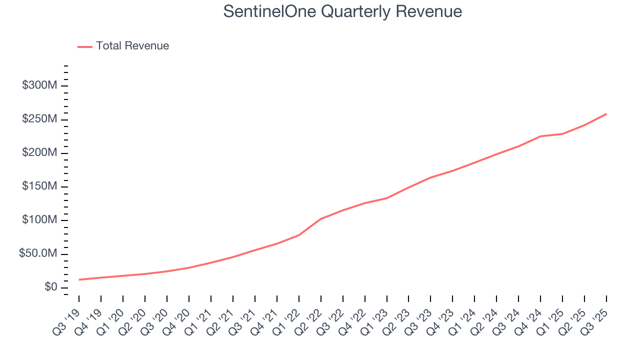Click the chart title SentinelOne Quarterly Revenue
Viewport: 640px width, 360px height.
(342, 11)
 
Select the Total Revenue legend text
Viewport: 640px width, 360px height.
(132, 46)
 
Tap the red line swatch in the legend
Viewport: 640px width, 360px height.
(85, 46)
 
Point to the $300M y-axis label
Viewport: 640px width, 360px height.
(39, 85)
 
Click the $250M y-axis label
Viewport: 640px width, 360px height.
(39, 119)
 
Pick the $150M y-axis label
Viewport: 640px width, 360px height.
(39, 186)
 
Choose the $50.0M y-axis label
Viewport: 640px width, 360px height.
(38, 254)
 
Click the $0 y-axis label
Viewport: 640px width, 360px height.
(50, 287)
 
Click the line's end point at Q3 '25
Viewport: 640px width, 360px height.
(606, 114)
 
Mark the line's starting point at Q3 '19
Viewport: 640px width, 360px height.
(79, 279)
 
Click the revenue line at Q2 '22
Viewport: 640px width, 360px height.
(320, 218)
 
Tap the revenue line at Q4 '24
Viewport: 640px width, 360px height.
(540, 136)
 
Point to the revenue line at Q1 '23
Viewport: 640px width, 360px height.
(386, 198)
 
